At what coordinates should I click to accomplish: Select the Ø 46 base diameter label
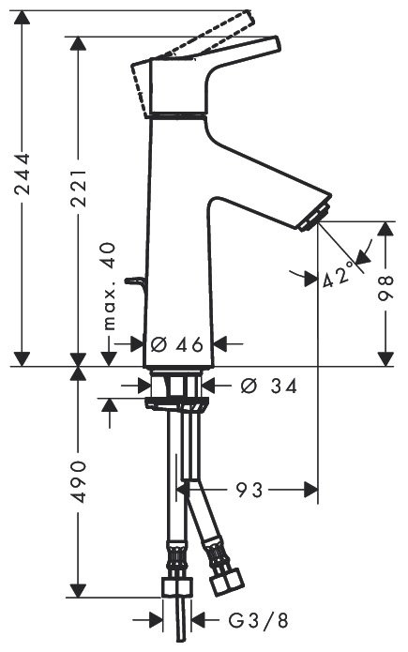pos(176,343)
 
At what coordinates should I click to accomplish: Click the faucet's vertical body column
pos(178,253)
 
